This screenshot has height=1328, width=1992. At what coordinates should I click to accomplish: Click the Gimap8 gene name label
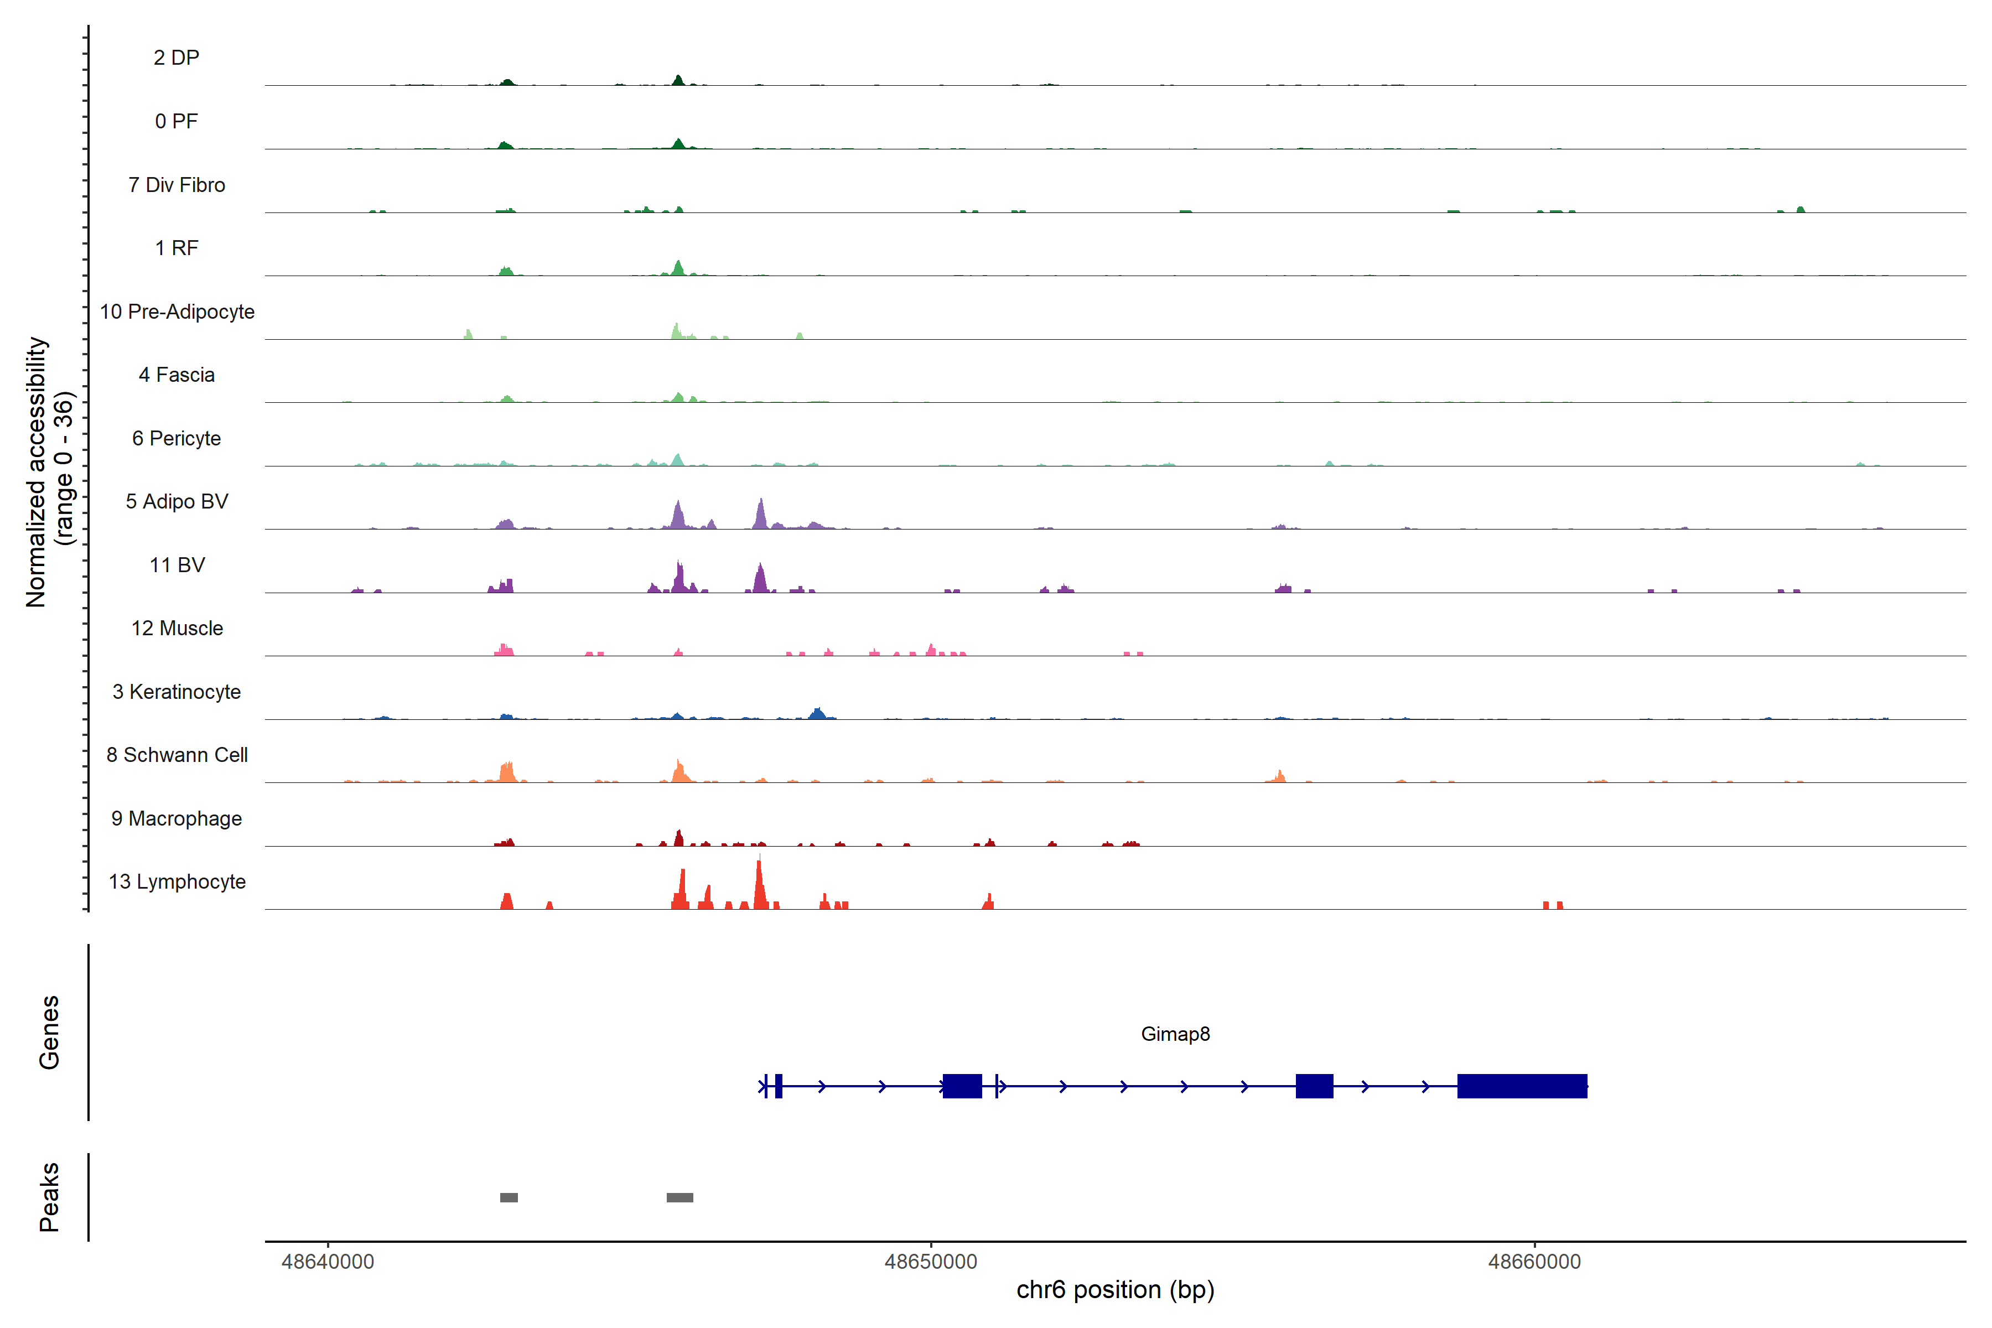pyautogui.click(x=1175, y=1034)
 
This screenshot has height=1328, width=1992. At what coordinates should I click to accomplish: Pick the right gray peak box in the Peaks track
pyautogui.click(x=679, y=1197)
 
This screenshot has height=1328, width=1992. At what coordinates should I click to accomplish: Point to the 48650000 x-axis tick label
pyautogui.click(x=931, y=1262)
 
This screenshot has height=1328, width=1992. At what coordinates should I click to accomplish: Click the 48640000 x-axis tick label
pyautogui.click(x=328, y=1262)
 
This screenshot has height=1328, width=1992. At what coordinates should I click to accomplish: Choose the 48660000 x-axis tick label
pyautogui.click(x=1534, y=1262)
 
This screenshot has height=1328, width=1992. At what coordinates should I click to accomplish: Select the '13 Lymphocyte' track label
pyautogui.click(x=177, y=881)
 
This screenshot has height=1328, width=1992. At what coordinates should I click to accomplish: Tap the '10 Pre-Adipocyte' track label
pyautogui.click(x=177, y=312)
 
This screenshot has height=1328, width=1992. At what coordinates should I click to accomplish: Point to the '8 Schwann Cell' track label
pyautogui.click(x=177, y=755)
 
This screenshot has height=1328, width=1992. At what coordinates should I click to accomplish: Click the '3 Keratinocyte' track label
pyautogui.click(x=177, y=692)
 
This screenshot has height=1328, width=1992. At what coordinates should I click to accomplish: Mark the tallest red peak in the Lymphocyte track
pyautogui.click(x=760, y=885)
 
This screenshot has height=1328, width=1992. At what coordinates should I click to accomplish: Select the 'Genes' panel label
pyautogui.click(x=49, y=1033)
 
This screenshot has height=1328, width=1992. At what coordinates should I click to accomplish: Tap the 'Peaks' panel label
pyautogui.click(x=49, y=1197)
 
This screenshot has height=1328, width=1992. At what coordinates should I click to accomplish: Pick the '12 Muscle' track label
pyautogui.click(x=177, y=629)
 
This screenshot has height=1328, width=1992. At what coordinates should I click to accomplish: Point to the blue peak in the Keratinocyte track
pyautogui.click(x=817, y=714)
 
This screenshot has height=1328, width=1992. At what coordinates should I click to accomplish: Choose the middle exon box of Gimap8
pyautogui.click(x=1314, y=1086)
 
